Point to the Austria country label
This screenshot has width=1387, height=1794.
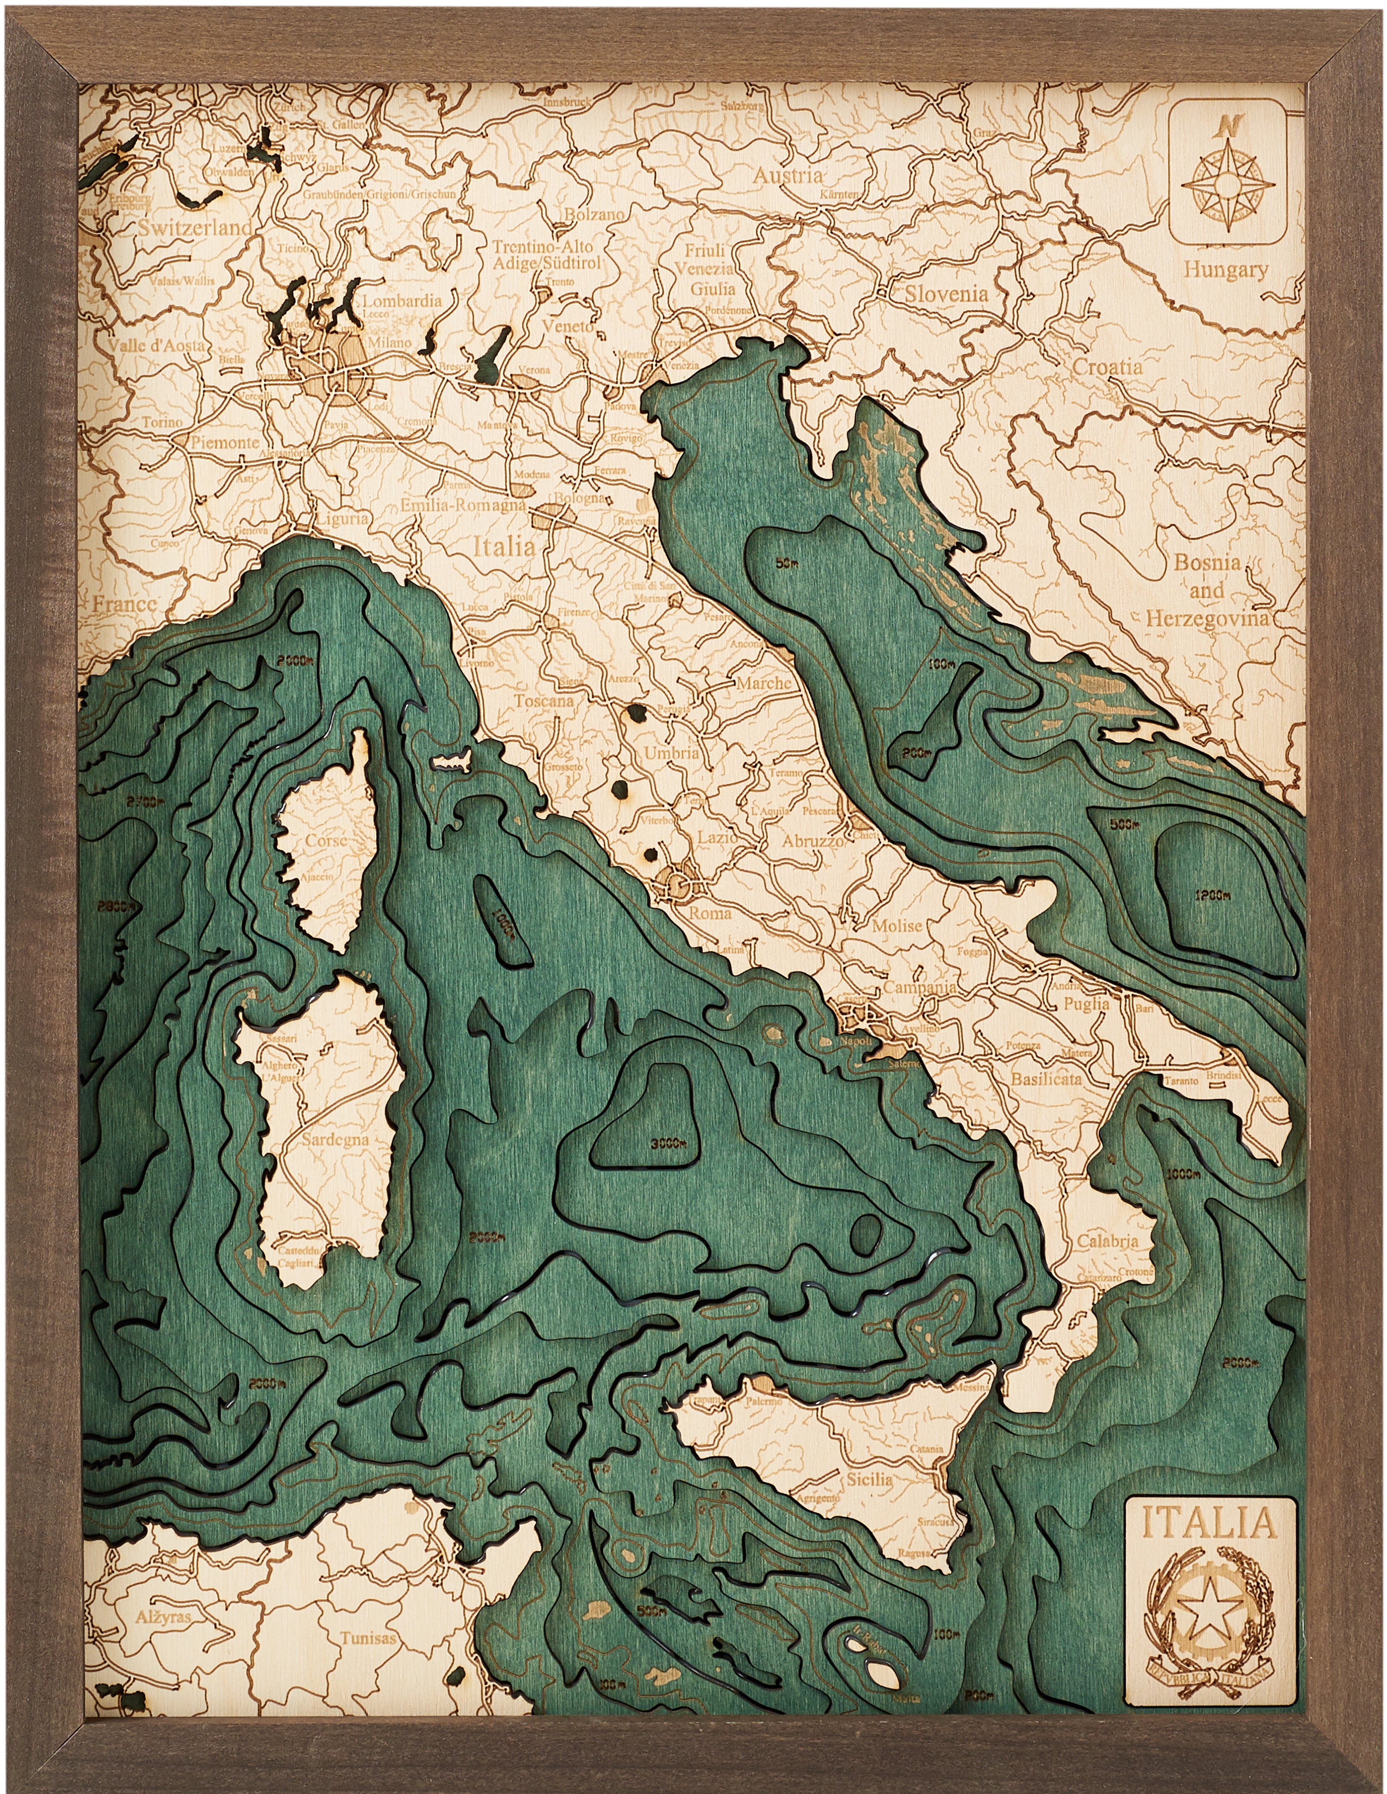(x=787, y=176)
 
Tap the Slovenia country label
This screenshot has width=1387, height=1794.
(x=947, y=293)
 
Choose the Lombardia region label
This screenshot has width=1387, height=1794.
(x=402, y=301)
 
